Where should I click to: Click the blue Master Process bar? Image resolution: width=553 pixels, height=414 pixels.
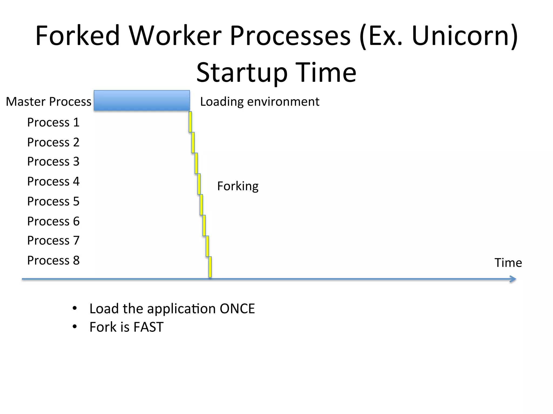[x=142, y=101]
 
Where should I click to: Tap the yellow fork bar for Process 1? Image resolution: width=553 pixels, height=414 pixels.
[x=190, y=122]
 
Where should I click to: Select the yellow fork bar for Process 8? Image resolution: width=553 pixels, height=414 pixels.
[x=210, y=267]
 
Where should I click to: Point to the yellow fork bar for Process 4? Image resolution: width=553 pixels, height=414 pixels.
[x=199, y=184]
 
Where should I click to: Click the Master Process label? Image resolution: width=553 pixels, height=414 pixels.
[x=49, y=102]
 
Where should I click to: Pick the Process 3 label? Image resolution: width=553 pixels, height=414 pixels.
[x=53, y=161]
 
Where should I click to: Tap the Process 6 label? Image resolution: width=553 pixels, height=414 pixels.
[x=53, y=221]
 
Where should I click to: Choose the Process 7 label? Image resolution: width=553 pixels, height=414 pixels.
[x=53, y=240]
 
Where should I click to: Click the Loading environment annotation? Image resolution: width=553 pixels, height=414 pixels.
[x=259, y=102]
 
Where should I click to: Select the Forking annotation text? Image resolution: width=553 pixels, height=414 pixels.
[x=238, y=186]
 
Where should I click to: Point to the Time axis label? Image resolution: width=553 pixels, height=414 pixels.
[x=508, y=263]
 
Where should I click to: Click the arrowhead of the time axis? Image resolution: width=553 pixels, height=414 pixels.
[x=513, y=279]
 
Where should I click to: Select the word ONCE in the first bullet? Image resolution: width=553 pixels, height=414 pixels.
[x=237, y=309]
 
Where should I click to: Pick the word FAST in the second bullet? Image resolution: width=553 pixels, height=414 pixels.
[x=148, y=327]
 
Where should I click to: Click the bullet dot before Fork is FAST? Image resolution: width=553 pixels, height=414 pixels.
[x=75, y=327]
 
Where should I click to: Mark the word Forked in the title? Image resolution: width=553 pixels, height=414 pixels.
[x=77, y=36]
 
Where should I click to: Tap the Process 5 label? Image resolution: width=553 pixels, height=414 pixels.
[x=53, y=201]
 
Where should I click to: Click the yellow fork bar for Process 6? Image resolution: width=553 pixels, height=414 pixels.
[x=204, y=226]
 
